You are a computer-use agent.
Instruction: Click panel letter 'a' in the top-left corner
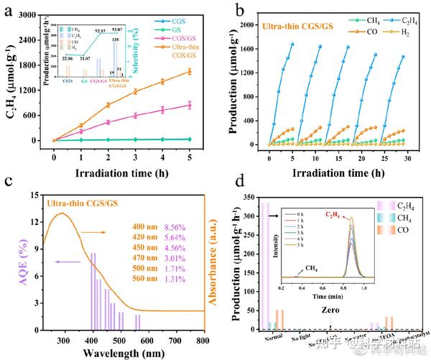(9, 10)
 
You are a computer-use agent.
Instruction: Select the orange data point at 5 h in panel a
(189, 71)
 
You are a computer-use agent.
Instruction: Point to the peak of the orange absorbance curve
(63, 213)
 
